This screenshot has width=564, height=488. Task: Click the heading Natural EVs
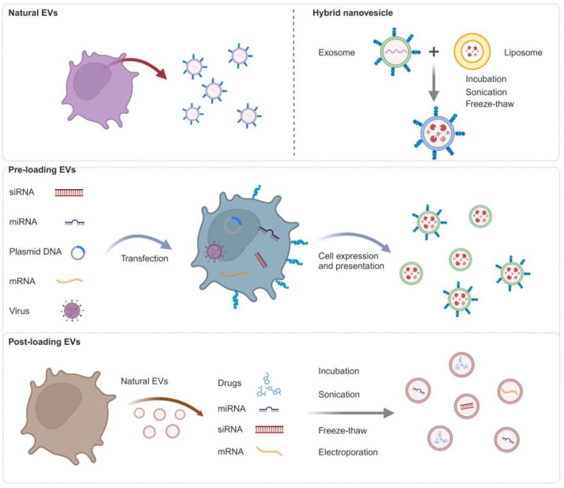pyautogui.click(x=33, y=14)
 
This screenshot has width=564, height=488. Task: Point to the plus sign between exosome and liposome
pyautogui.click(x=433, y=52)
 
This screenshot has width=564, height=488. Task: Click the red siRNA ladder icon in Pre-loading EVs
pyautogui.click(x=70, y=191)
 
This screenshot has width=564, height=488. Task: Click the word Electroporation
pyautogui.click(x=349, y=452)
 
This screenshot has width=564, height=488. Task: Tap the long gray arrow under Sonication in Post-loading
pyautogui.click(x=348, y=413)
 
